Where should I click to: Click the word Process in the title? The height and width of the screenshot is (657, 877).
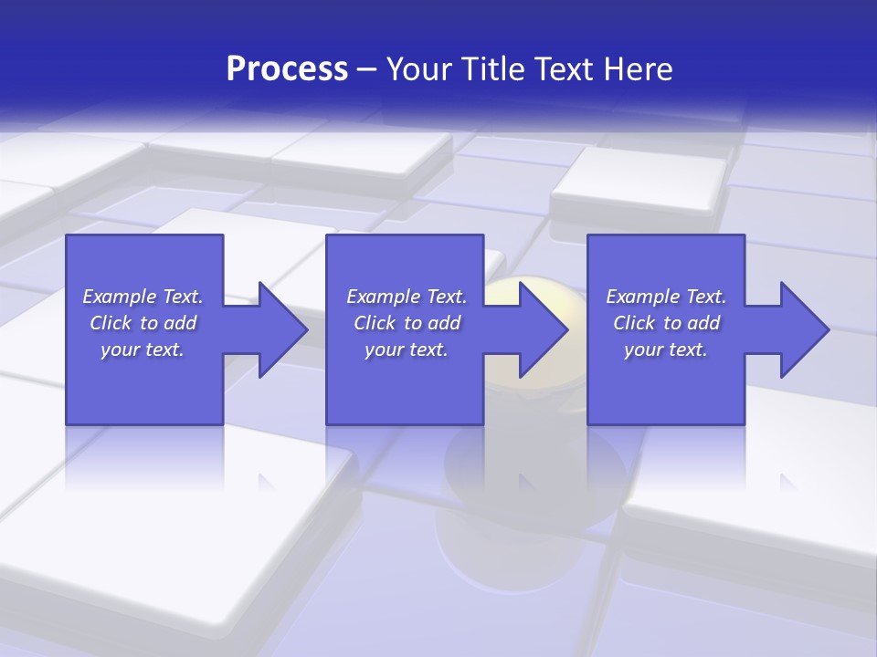287,69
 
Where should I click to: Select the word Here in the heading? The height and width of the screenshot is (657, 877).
639,69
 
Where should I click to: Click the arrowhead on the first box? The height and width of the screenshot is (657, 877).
283,329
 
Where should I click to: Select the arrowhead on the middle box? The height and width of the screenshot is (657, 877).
544,329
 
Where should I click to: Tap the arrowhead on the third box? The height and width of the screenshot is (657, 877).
805,329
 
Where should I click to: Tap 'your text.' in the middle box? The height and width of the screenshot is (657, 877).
406,349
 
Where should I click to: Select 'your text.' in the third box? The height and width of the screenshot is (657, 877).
666,349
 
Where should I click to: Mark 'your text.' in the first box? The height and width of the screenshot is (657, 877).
143,349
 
